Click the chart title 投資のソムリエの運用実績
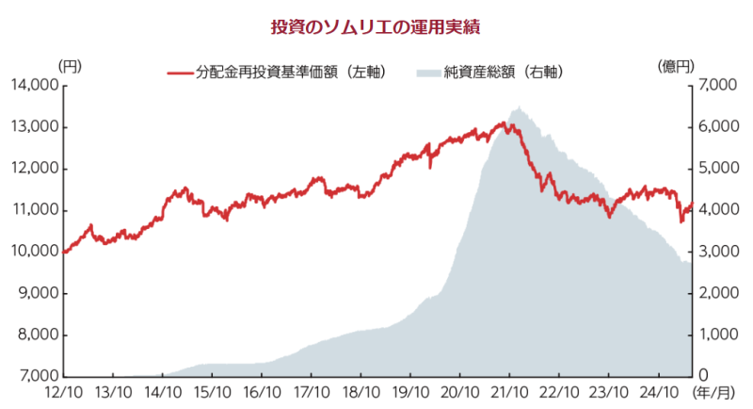tap(376, 27)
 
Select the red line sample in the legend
tap(180, 72)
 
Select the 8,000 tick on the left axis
tap(37, 335)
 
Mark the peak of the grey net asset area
tap(518, 108)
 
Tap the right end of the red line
tap(692, 204)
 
